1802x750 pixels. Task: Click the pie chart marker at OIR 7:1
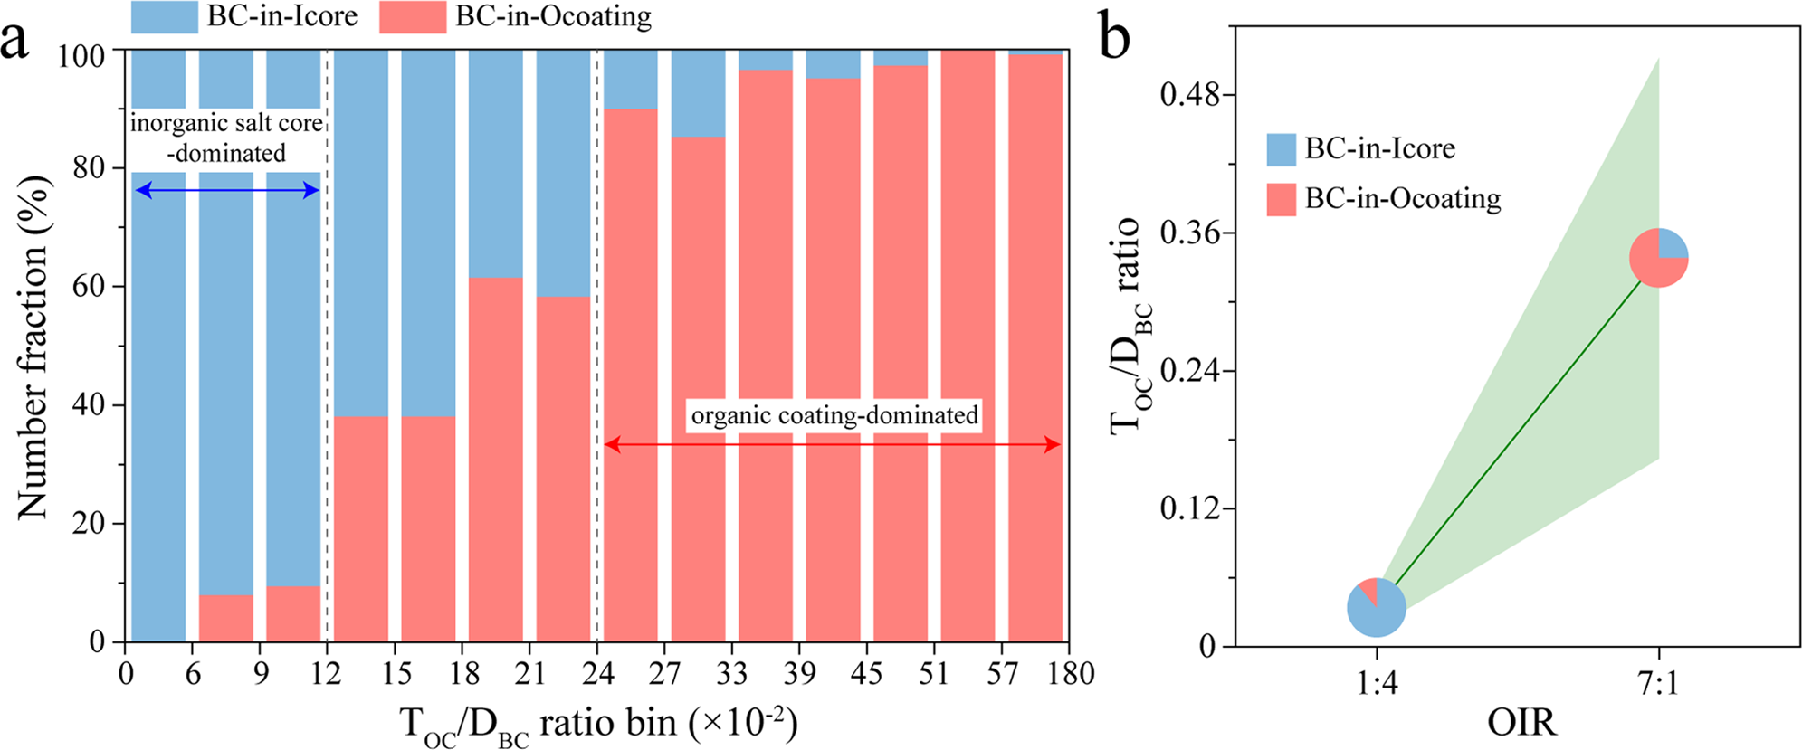pyautogui.click(x=1658, y=258)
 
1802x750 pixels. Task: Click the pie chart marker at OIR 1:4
pyautogui.click(x=1376, y=607)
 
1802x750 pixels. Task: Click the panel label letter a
pyautogui.click(x=15, y=41)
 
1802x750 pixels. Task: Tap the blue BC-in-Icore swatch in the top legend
pyautogui.click(x=164, y=17)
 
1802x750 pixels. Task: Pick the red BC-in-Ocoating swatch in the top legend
pyautogui.click(x=412, y=17)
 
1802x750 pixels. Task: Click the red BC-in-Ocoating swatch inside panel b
pyautogui.click(x=1281, y=199)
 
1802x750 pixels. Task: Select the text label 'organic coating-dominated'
pyautogui.click(x=834, y=415)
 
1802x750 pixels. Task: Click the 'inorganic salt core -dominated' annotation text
pyautogui.click(x=226, y=138)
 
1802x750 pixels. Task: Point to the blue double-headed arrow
pyautogui.click(x=226, y=190)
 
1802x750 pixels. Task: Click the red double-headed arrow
pyautogui.click(x=833, y=444)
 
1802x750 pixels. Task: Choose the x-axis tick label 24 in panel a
pyautogui.click(x=597, y=674)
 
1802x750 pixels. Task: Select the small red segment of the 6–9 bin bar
pyautogui.click(x=225, y=619)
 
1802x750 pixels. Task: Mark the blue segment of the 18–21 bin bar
pyautogui.click(x=495, y=163)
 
